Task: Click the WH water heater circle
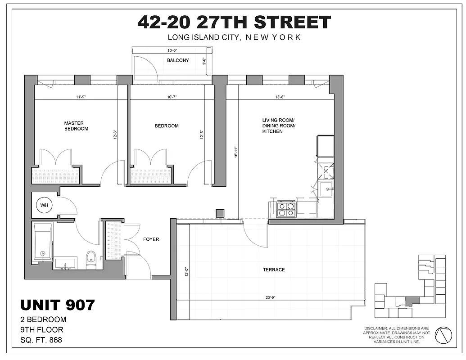(44, 205)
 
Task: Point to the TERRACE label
(274, 270)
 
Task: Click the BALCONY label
(178, 60)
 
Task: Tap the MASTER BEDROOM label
(76, 126)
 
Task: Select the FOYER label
(151, 239)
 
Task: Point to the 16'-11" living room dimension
(235, 153)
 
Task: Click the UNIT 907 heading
(58, 305)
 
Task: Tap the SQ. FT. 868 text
(41, 340)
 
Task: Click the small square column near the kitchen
(220, 213)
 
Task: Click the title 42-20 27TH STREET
(234, 22)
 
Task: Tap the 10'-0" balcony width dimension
(173, 51)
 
